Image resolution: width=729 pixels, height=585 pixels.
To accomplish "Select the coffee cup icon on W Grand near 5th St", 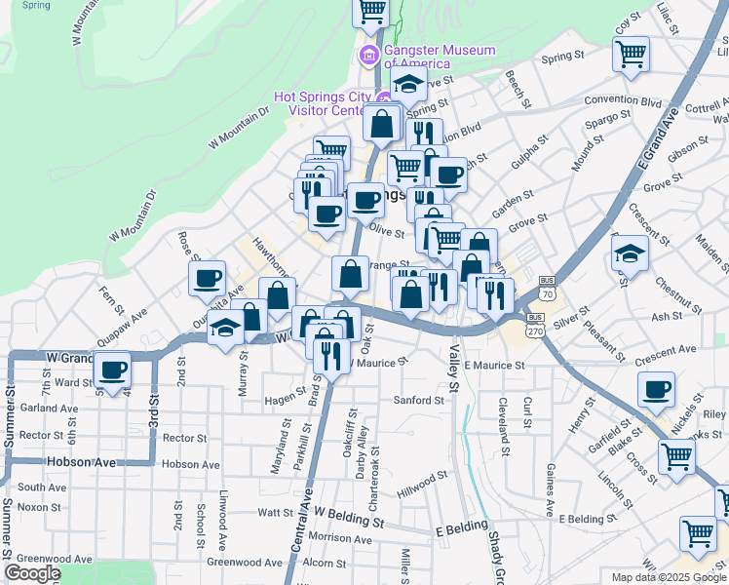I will pos(113,371).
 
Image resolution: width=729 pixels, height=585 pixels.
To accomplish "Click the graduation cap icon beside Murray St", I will pos(226,330).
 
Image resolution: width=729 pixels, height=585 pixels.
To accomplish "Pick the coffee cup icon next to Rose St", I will pos(207,280).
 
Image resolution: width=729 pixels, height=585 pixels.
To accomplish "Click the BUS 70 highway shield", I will pos(548,293).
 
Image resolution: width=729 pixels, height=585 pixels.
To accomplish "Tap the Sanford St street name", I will pos(418,401).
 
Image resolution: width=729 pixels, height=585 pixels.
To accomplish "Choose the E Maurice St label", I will pos(494,365).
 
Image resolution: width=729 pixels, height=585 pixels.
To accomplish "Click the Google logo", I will pos(32,573).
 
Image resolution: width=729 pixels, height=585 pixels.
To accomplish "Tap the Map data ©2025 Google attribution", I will pos(669,577).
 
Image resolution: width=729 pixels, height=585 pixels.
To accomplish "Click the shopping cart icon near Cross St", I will pos(675,456).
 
